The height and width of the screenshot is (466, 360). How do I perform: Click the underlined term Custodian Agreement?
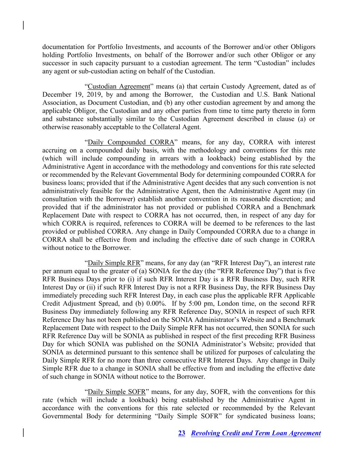pyautogui.click(x=119, y=86)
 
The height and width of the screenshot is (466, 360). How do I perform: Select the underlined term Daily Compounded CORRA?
pyautogui.click(x=131, y=142)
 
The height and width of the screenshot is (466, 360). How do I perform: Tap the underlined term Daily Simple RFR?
pyautogui.click(x=114, y=263)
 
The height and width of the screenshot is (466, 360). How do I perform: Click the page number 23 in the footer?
pyautogui.click(x=182, y=433)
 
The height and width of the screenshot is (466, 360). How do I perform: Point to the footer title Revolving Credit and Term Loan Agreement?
pyautogui.click(x=256, y=433)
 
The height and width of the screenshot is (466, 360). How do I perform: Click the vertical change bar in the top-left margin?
pyautogui.click(x=23, y=25)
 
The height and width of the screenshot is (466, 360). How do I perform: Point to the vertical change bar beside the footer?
pyautogui.click(x=23, y=432)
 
